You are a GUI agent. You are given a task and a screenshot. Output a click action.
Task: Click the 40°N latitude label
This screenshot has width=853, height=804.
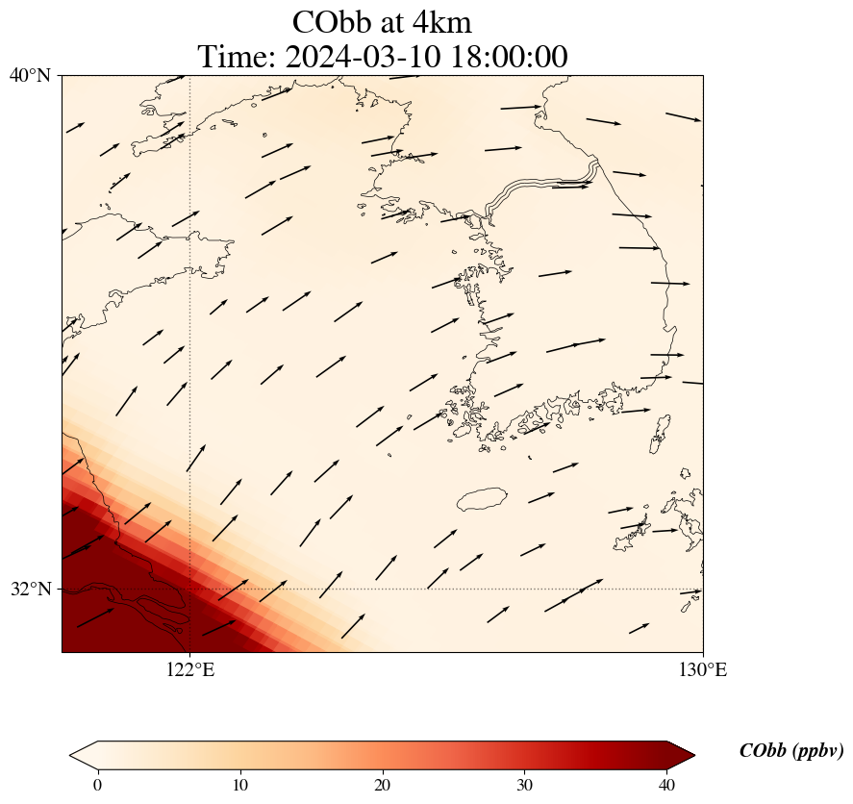point(29,75)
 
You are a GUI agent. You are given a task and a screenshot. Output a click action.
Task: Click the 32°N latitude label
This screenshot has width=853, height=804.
point(29,589)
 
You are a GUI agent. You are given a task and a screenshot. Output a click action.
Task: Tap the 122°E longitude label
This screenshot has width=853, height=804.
point(190,670)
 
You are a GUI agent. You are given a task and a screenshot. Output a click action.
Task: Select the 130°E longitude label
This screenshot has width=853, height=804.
point(703,670)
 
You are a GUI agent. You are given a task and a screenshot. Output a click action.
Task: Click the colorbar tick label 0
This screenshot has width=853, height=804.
point(97,785)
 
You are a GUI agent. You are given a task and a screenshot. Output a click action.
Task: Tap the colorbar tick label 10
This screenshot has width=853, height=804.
point(239,785)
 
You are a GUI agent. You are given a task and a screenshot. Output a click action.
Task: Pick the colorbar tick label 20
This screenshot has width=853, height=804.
point(383,785)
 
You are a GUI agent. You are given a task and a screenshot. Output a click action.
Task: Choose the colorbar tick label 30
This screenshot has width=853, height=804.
point(525,785)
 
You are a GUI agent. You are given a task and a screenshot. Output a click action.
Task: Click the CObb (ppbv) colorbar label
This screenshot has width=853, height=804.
point(790,751)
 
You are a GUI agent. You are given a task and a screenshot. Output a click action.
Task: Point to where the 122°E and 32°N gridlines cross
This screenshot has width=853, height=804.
point(190,589)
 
